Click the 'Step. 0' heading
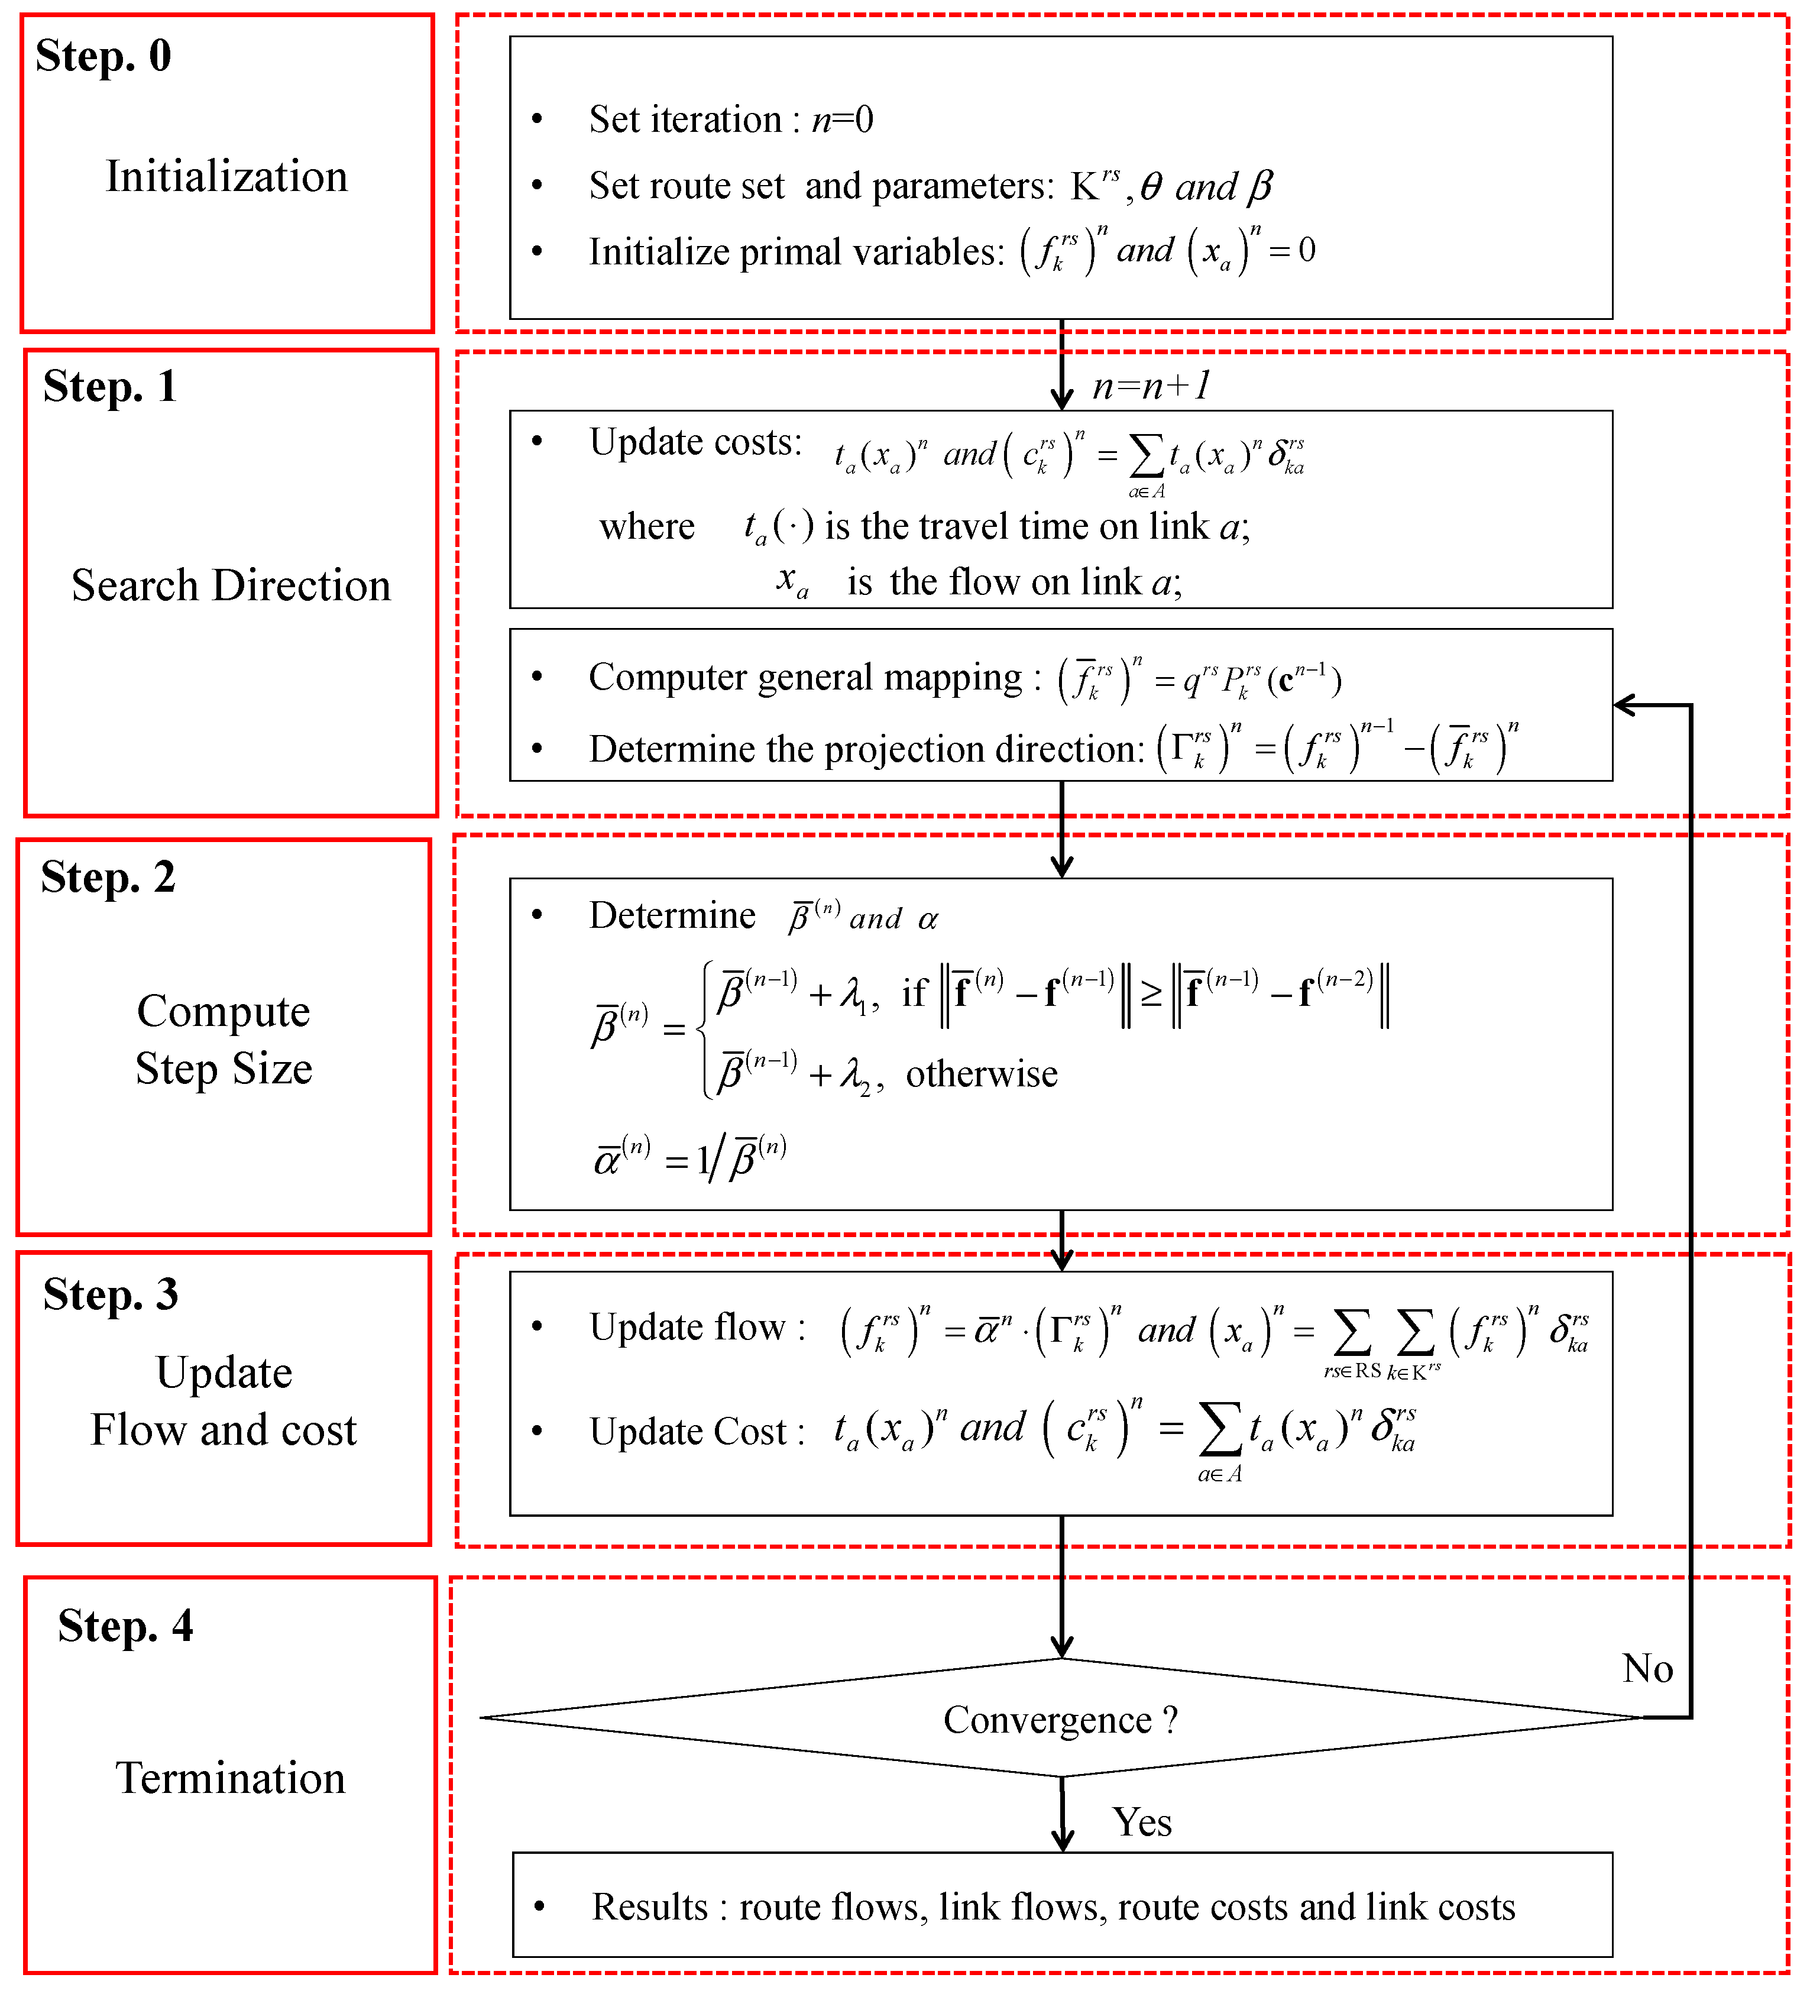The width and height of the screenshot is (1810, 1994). point(104,56)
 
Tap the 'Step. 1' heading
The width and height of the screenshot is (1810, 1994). point(110,386)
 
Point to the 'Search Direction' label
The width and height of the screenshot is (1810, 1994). point(231,585)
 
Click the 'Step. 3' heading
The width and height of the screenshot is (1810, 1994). point(111,1294)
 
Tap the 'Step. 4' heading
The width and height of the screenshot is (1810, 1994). point(125,1625)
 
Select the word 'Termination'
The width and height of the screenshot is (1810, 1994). point(231,1778)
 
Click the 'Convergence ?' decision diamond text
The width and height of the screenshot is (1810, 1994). point(1060,1719)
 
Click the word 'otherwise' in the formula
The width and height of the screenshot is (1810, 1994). point(981,1073)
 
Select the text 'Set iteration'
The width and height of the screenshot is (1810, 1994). point(684,119)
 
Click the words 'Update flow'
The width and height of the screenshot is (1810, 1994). point(688,1326)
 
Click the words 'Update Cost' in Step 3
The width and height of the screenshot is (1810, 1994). point(688,1431)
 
